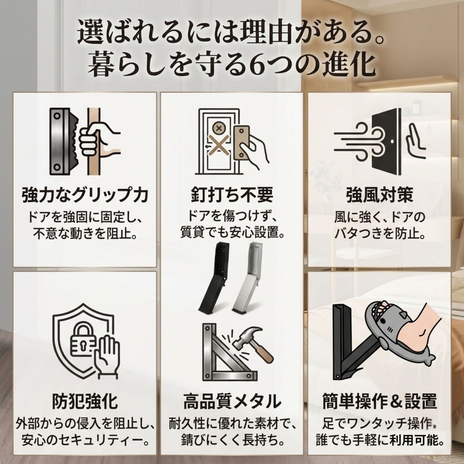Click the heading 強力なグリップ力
[85, 195]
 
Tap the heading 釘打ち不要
[232, 195]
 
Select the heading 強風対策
[379, 195]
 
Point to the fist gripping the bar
[92, 139]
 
